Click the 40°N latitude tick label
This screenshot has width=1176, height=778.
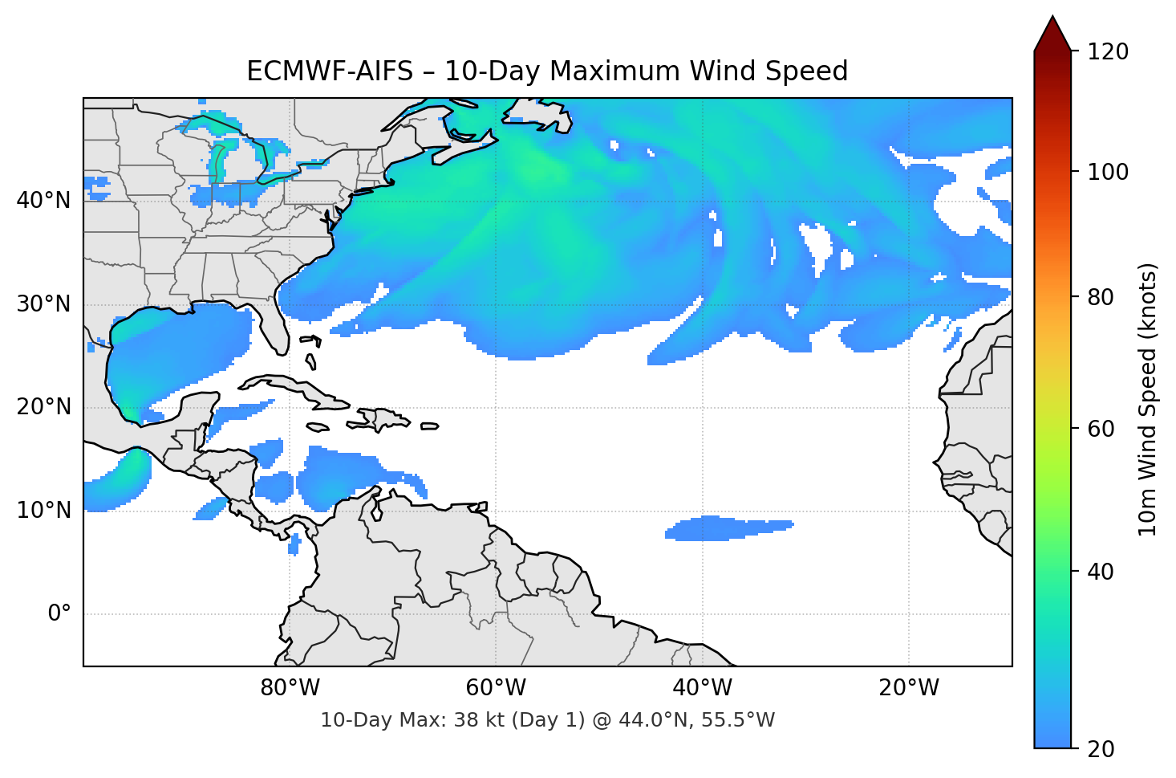(43, 200)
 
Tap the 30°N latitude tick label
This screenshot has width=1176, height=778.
(43, 303)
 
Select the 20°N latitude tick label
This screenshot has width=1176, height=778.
(43, 407)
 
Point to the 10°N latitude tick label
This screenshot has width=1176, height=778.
(43, 511)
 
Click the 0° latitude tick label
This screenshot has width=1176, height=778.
(59, 614)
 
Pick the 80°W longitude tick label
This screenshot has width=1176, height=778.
(290, 688)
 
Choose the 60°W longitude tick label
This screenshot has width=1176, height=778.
(496, 688)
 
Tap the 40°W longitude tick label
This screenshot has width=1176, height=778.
(703, 688)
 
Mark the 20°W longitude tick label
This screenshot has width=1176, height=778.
(909, 688)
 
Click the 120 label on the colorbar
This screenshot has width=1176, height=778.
(1108, 52)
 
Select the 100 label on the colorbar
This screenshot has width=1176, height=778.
(1108, 172)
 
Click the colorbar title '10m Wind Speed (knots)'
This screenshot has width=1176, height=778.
(1148, 400)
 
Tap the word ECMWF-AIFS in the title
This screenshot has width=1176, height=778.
(330, 71)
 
